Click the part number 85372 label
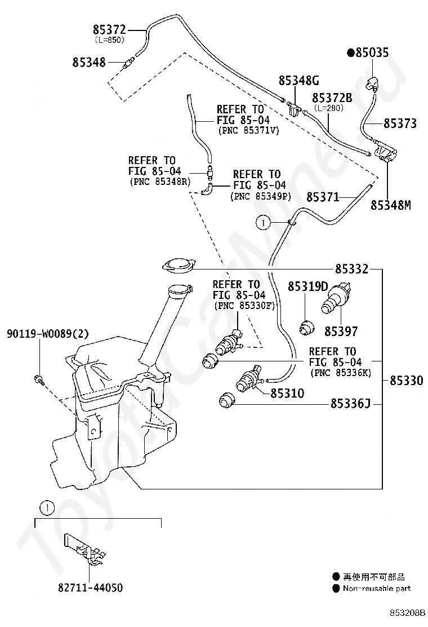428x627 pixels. pyautogui.click(x=109, y=29)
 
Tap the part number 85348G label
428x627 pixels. pyautogui.click(x=298, y=81)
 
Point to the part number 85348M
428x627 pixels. pyautogui.click(x=390, y=205)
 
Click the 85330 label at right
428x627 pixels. pyautogui.click(x=406, y=380)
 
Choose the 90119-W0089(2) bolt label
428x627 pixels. pyautogui.click(x=47, y=333)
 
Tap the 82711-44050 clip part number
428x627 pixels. pyautogui.click(x=90, y=588)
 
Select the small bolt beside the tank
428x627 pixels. pyautogui.click(x=38, y=380)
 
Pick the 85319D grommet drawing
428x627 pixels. pyautogui.click(x=306, y=328)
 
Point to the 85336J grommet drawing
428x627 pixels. pyautogui.click(x=227, y=400)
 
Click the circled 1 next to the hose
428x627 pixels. pyautogui.click(x=263, y=223)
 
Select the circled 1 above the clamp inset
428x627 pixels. pyautogui.click(x=47, y=508)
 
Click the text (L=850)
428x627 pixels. pyautogui.click(x=109, y=39)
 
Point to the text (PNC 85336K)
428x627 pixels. pyautogui.click(x=341, y=373)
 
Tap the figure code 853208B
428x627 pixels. pyautogui.click(x=407, y=612)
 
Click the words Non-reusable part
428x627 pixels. pyautogui.click(x=377, y=588)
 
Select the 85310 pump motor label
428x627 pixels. pyautogui.click(x=287, y=394)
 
